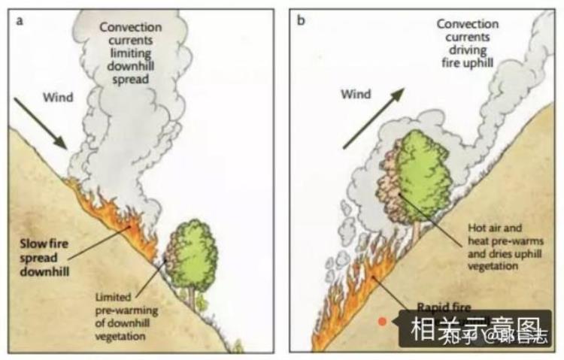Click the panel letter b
[302, 20]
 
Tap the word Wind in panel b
[356, 95]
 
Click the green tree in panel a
[195, 253]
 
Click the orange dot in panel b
[382, 321]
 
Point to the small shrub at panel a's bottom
[238, 346]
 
